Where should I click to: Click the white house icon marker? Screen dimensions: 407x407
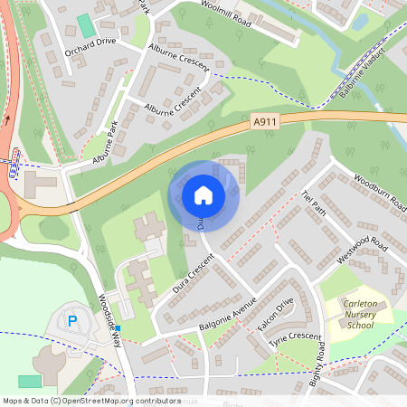coord(203,194)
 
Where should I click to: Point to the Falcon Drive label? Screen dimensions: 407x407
coord(277,315)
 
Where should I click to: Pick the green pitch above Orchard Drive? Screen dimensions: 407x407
coord(86,24)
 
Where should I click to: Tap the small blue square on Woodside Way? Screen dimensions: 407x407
coord(118,327)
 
